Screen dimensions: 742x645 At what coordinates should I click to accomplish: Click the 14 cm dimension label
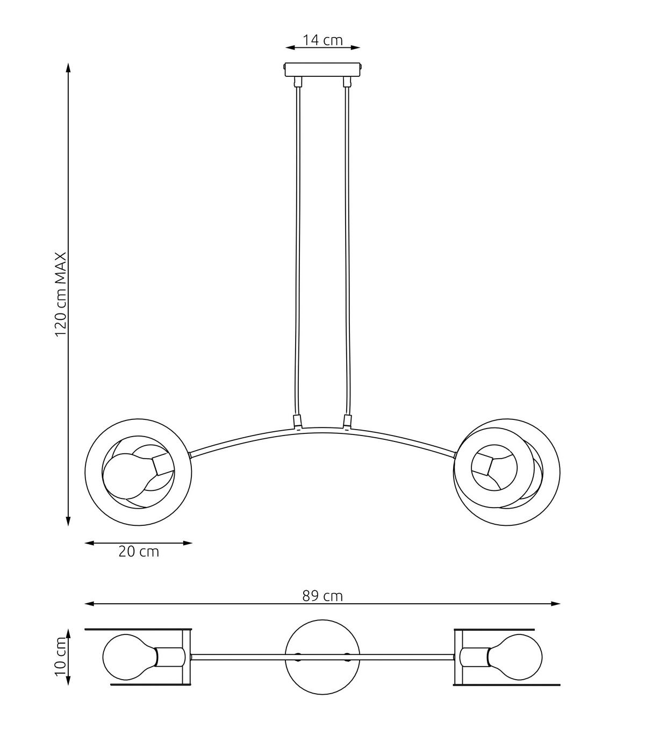tap(322, 40)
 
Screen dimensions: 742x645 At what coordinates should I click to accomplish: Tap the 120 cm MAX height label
tap(61, 294)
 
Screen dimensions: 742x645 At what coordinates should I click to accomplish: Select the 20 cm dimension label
tap(139, 552)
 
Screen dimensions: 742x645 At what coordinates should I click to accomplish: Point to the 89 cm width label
tap(322, 596)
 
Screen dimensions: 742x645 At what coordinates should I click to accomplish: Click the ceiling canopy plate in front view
tap(322, 70)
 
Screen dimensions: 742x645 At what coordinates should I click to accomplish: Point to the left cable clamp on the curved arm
tap(297, 422)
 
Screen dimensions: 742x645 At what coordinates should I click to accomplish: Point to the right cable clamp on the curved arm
tap(347, 422)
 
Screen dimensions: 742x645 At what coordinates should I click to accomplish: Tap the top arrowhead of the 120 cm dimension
tap(68, 67)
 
